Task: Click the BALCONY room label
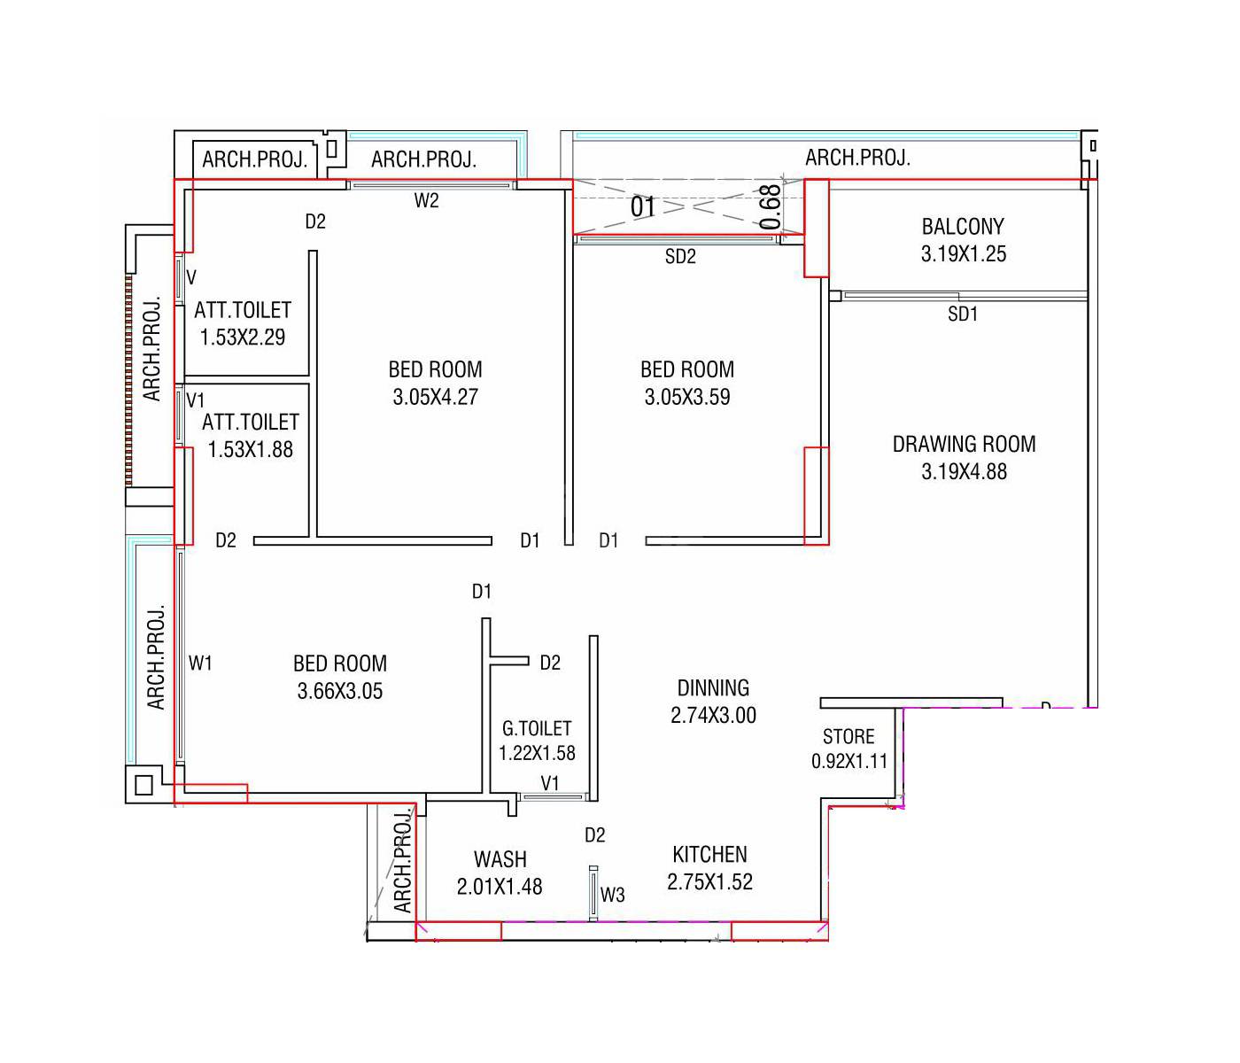[963, 227]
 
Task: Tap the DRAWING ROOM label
[964, 444]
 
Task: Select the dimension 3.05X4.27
[435, 397]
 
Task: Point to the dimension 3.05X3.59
[687, 397]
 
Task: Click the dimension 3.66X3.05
[340, 691]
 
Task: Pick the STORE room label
[849, 737]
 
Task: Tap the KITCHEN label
[709, 855]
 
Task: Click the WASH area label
[500, 859]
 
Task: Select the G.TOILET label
[537, 728]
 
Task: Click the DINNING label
[713, 688]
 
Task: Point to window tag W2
[426, 201]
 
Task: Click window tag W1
[200, 663]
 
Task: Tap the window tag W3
[612, 895]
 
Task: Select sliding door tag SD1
[963, 314]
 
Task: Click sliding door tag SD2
[680, 257]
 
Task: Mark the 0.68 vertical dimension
[771, 206]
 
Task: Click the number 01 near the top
[643, 207]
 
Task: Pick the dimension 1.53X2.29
[242, 338]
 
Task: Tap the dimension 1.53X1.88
[250, 450]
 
